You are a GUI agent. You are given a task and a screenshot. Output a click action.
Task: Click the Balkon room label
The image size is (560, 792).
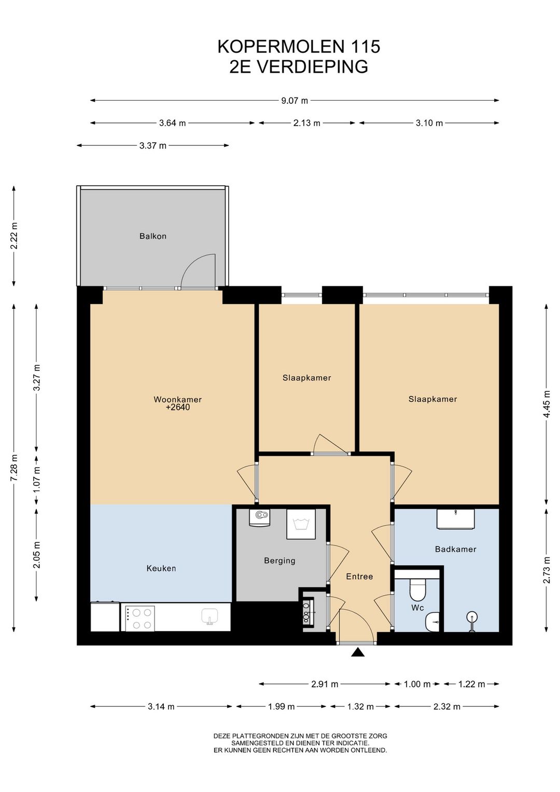[x=152, y=236]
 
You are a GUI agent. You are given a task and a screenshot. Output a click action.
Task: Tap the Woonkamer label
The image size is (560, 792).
[x=178, y=400]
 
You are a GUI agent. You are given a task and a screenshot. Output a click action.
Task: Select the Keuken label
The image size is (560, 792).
[x=161, y=568]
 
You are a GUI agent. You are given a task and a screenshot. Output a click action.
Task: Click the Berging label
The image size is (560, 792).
[x=279, y=561]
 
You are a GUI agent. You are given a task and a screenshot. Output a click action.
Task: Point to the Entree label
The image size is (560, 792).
[x=359, y=577]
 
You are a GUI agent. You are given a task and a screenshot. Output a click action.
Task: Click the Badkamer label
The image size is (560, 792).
[x=455, y=549]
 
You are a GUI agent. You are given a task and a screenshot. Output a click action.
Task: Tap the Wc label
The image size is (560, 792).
[x=417, y=608]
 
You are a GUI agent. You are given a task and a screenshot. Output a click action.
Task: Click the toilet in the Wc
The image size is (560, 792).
[x=417, y=588]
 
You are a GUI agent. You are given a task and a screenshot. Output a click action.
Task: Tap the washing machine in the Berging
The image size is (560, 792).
[x=301, y=524]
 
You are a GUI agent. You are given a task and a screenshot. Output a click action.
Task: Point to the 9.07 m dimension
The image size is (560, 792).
[x=295, y=100]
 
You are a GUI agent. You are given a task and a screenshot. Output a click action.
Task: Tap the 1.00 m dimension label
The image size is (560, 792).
[x=417, y=684]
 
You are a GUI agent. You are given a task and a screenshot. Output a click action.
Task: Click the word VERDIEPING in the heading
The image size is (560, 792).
[x=312, y=67]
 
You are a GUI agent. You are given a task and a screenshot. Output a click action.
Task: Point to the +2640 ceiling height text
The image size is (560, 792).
[x=178, y=407]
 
